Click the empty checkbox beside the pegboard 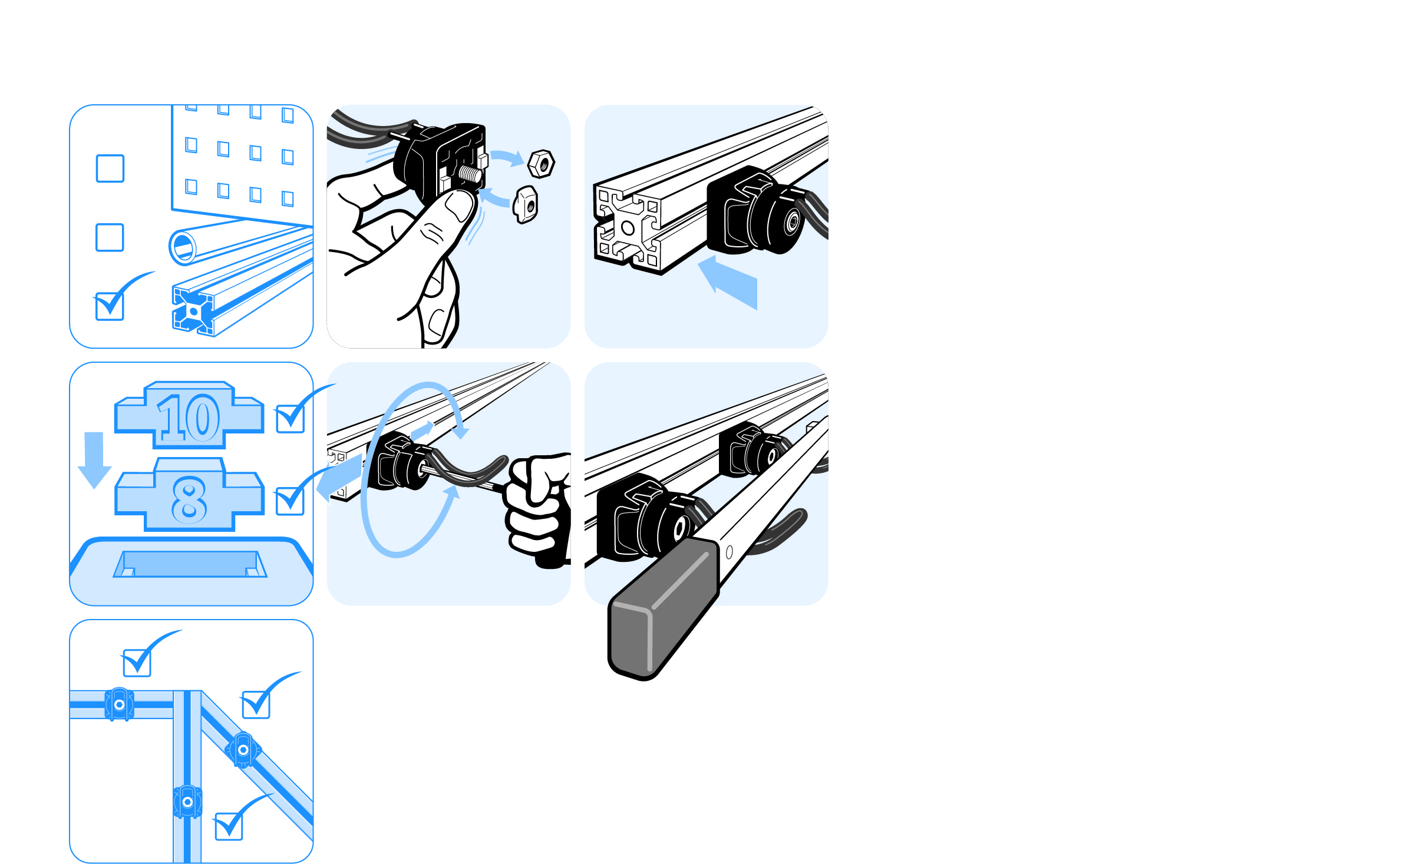[x=110, y=168]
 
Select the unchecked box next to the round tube [x=110, y=237]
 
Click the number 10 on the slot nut [x=189, y=418]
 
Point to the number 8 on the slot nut [x=189, y=500]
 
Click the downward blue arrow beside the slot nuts [x=94, y=460]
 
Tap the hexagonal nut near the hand [x=541, y=164]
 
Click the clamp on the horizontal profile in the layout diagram [x=119, y=704]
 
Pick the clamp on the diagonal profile [x=243, y=750]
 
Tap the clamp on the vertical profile [x=187, y=802]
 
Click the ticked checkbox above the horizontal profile [x=137, y=663]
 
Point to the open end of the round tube [x=183, y=247]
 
